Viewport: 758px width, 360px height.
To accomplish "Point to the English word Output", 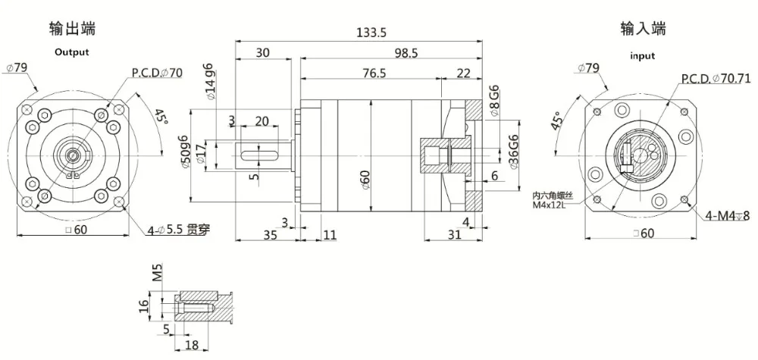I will pyautogui.click(x=71, y=52).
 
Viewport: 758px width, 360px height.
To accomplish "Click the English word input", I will pyautogui.click(x=642, y=56).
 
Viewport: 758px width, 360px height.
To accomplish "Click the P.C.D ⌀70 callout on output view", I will pyautogui.click(x=157, y=74).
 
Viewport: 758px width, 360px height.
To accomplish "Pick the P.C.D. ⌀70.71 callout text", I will pyautogui.click(x=715, y=78).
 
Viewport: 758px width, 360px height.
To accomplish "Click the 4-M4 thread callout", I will pyautogui.click(x=727, y=215).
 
